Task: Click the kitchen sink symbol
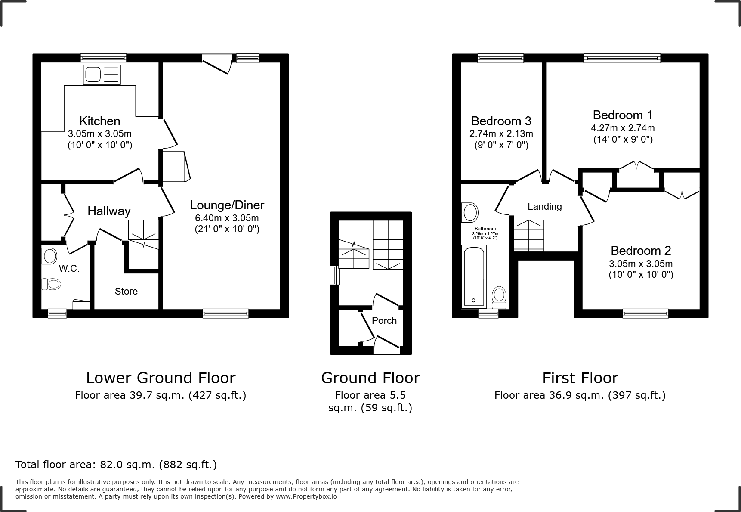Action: coord(102,74)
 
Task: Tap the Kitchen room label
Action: coord(99,121)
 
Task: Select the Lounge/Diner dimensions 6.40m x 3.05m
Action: coord(227,218)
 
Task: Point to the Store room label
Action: coord(126,292)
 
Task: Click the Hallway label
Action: coord(109,211)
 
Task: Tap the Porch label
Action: coord(384,320)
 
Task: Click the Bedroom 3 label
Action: coord(501,121)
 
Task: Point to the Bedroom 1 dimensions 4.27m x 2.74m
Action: coord(622,128)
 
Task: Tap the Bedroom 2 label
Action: coord(640,251)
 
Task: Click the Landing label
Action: coord(544,207)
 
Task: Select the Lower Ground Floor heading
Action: coord(161,378)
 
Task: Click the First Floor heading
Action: coord(580,378)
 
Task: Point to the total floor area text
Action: coord(116,465)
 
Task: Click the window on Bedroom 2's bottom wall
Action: coord(645,313)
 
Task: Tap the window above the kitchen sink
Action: coord(103,58)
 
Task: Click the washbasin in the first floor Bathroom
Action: coord(469,213)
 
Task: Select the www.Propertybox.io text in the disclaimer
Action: coord(306,496)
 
